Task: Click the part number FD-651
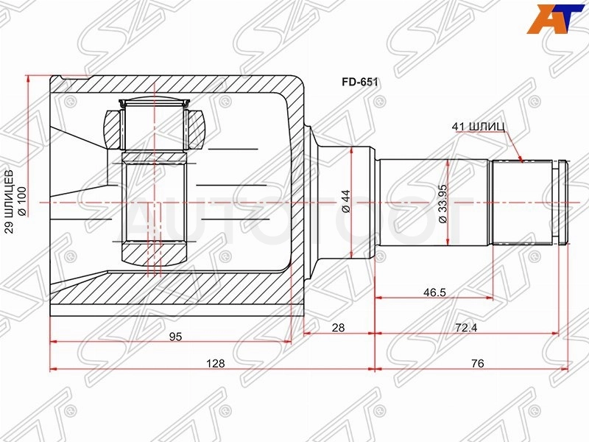(359, 83)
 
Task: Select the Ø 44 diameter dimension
(345, 201)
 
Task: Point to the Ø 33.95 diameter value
(443, 204)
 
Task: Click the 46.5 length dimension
(434, 292)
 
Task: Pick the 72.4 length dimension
(466, 328)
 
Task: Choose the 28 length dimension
(338, 328)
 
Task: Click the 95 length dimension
(175, 337)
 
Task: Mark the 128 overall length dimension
(216, 363)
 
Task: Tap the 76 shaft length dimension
(477, 363)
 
